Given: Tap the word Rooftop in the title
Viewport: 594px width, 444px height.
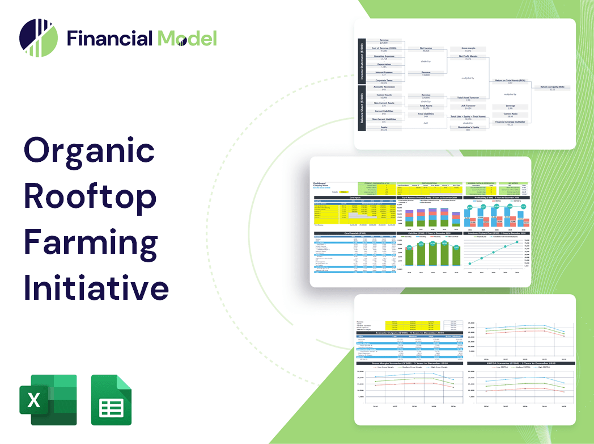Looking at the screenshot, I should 90,196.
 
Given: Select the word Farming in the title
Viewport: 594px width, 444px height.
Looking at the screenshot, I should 91,242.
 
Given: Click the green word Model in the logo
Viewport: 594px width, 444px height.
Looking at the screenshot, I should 187,39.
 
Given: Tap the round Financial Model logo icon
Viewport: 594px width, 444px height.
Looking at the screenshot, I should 38,38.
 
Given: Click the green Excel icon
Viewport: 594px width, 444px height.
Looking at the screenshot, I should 48,400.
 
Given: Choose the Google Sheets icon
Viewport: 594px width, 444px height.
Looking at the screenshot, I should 112,400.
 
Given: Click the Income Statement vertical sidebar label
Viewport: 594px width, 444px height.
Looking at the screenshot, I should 360,61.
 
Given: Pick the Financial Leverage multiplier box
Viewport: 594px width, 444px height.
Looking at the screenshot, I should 510,123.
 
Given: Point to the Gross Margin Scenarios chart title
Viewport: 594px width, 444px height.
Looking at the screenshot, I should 407,362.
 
